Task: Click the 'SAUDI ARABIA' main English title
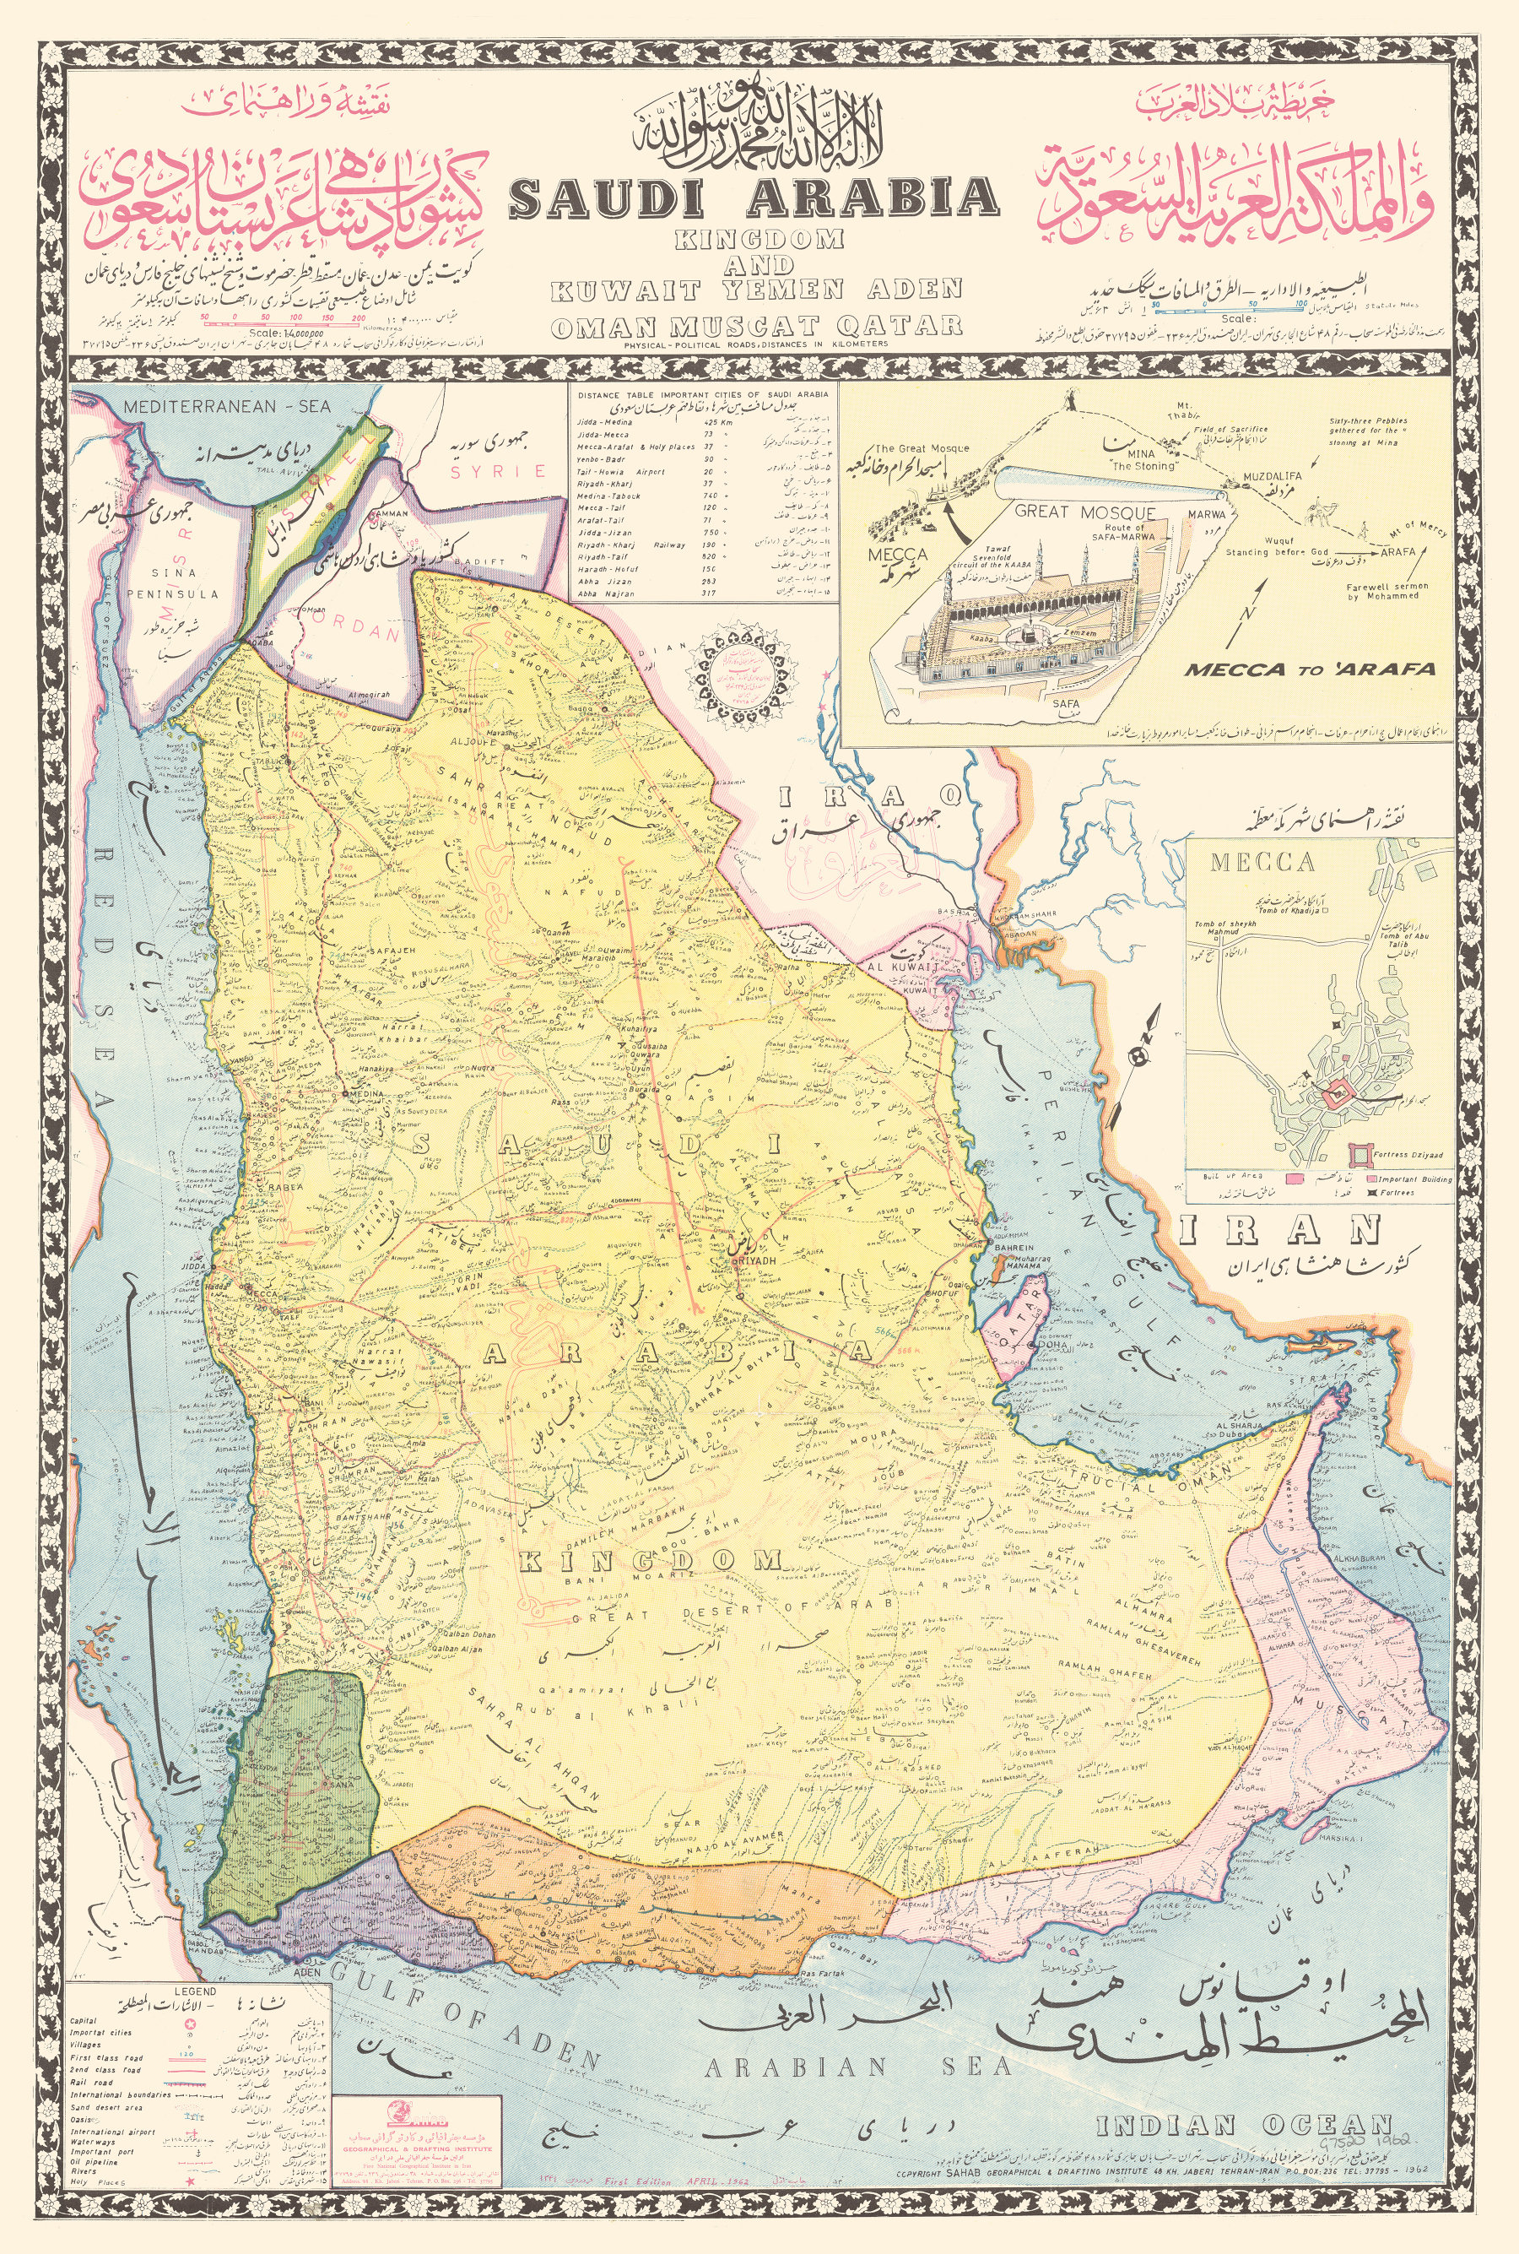[754, 197]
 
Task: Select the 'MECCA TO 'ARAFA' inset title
[1310, 669]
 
